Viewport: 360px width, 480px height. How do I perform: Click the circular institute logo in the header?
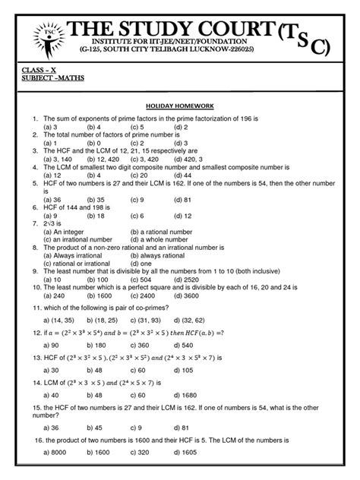click(49, 33)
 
